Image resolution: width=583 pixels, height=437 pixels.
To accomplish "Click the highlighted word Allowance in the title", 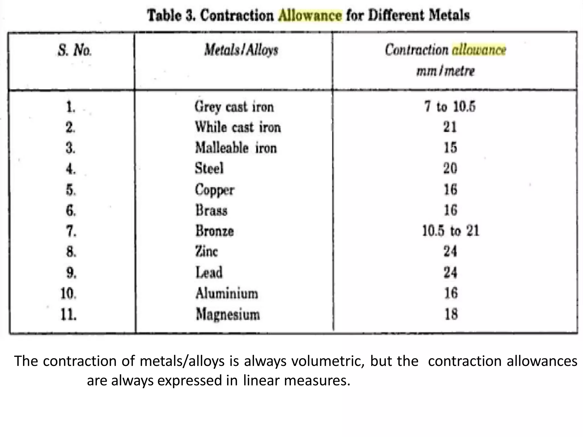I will tap(310, 15).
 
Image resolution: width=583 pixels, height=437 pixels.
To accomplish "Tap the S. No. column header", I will tap(75, 50).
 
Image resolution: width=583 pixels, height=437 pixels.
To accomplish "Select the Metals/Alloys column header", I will tap(241, 50).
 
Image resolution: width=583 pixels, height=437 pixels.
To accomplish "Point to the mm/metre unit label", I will tap(446, 71).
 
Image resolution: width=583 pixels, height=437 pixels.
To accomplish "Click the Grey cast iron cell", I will tap(234, 107).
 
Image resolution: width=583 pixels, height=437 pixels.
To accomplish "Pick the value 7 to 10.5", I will tap(450, 107).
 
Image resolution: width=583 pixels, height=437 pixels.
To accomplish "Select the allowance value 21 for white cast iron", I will tap(450, 127).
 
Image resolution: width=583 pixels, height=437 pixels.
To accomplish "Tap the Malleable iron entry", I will tap(236, 148).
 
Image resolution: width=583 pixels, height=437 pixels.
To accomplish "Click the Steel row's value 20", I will tap(450, 168).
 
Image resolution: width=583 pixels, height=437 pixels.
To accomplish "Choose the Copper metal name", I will tap(214, 190).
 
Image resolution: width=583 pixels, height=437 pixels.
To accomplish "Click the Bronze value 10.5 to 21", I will tap(450, 231).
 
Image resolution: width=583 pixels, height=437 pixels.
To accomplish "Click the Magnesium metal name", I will tap(228, 315).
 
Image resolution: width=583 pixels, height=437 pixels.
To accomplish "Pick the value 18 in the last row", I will tap(451, 314).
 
